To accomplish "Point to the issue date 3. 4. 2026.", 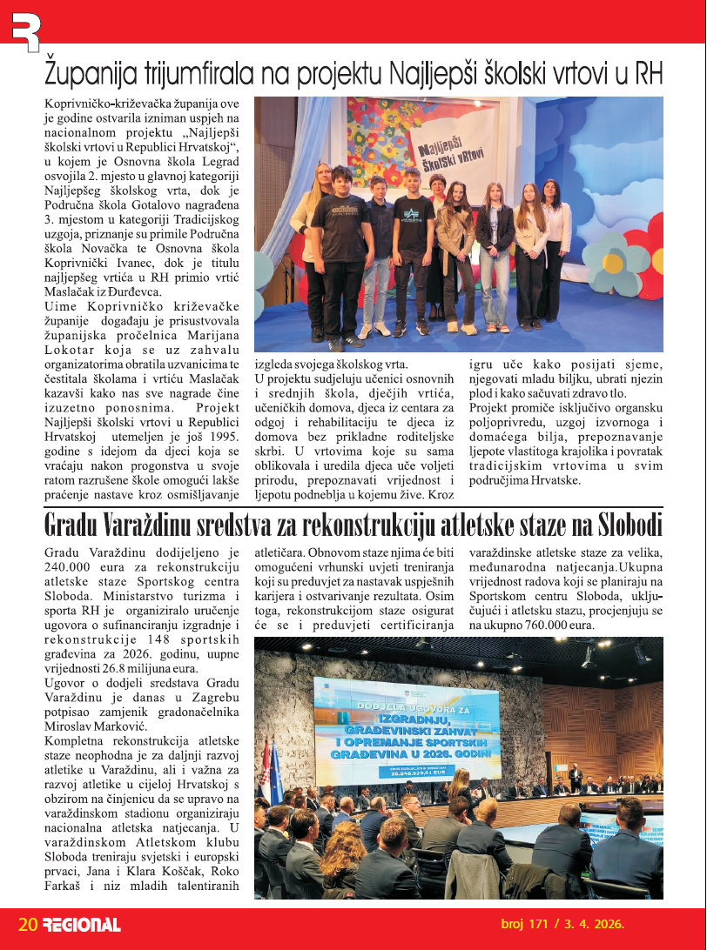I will point(592,925).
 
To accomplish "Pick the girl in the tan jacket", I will point(455,252).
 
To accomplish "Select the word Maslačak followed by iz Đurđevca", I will point(71,293).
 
